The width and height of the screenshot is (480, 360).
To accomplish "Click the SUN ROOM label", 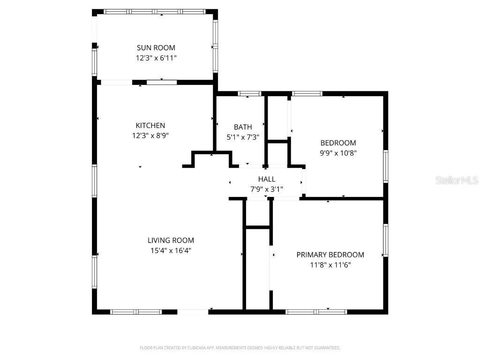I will (x=156, y=47).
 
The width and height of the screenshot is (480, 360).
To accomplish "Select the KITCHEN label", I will (x=150, y=125).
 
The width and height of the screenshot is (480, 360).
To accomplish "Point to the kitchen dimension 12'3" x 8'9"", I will (x=150, y=135).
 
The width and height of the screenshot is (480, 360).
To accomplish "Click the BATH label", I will (x=243, y=127).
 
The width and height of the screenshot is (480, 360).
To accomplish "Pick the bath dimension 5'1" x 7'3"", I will (x=243, y=137).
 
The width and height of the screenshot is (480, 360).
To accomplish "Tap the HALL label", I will (x=267, y=179).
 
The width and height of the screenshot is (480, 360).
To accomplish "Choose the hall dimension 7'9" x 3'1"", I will (x=267, y=189).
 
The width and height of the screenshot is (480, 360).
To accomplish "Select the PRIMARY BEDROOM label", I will (x=330, y=255).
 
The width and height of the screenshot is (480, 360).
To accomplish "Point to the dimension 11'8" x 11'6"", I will (x=330, y=265).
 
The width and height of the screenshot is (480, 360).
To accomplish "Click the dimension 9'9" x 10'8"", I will (x=338, y=153).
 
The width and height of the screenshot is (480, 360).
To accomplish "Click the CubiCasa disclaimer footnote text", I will (x=240, y=348).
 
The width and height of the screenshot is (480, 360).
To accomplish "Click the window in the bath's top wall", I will (x=249, y=94).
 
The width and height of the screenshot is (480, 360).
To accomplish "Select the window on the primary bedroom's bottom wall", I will (x=316, y=311).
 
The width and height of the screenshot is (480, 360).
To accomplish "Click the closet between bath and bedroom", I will (x=277, y=117).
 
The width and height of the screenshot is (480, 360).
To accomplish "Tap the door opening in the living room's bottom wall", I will (x=193, y=311).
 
